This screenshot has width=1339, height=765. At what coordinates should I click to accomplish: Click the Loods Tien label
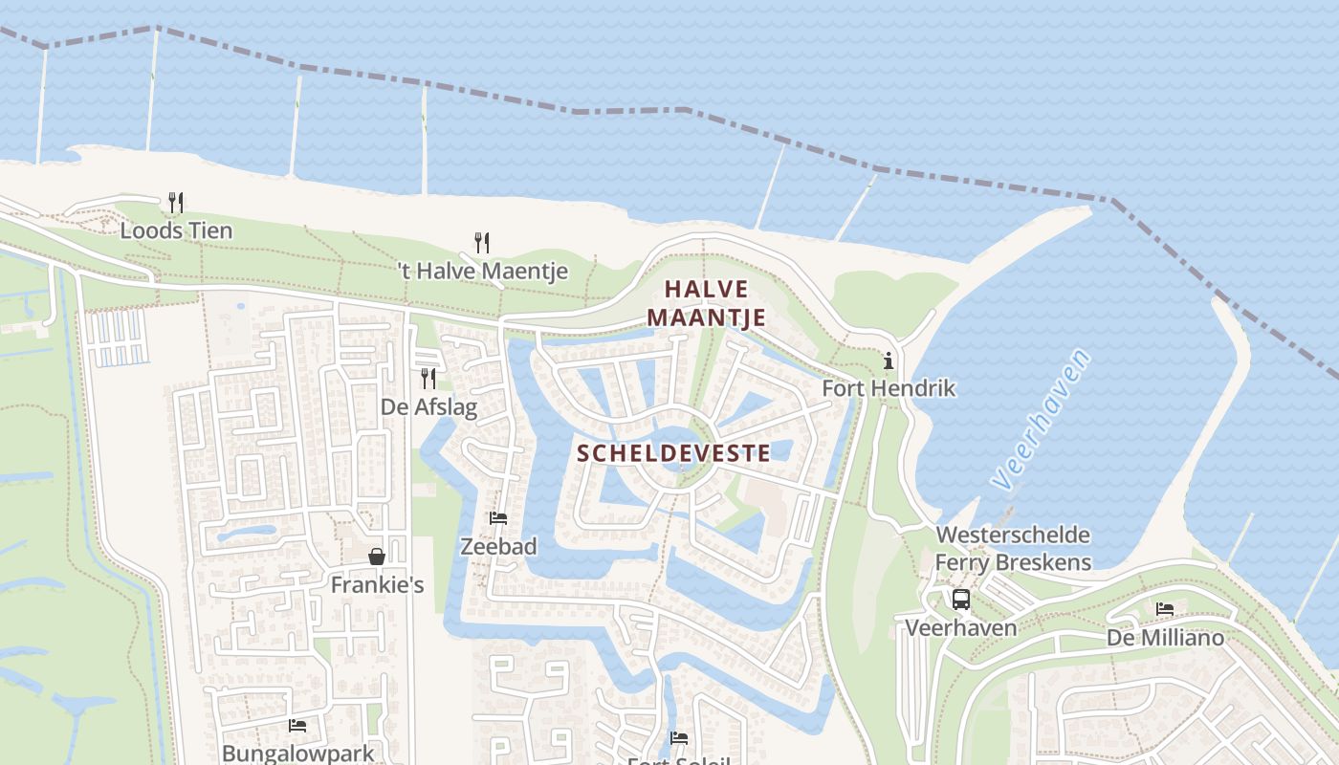click(176, 230)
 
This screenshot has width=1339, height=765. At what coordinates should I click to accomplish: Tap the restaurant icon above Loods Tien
click(175, 202)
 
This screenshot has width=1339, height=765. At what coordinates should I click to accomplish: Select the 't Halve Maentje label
click(482, 271)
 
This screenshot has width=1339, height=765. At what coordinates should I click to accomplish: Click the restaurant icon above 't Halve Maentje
click(482, 243)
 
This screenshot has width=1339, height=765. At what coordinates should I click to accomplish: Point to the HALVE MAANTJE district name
click(707, 302)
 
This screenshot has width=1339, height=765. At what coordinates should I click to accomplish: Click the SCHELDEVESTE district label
click(674, 453)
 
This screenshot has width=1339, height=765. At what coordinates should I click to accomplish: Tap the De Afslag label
click(428, 406)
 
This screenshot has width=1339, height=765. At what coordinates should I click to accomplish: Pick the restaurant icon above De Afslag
click(428, 379)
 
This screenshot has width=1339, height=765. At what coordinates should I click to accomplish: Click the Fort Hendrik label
click(889, 388)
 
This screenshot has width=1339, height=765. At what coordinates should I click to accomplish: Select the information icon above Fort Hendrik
click(889, 361)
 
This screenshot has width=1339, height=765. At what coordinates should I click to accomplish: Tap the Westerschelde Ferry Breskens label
click(1013, 548)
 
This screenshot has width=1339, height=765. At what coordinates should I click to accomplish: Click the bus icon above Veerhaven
click(961, 600)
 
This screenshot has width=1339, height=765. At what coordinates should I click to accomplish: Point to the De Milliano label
click(1165, 637)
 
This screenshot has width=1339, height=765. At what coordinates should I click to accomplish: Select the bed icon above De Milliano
click(1165, 608)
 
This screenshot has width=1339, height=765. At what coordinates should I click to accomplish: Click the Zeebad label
click(498, 546)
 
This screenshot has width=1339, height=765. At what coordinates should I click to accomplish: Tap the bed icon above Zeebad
click(498, 518)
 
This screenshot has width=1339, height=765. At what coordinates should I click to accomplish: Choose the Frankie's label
click(377, 584)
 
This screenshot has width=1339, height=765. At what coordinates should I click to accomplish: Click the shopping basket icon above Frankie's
click(377, 557)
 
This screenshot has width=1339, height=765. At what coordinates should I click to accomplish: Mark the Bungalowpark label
click(298, 753)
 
